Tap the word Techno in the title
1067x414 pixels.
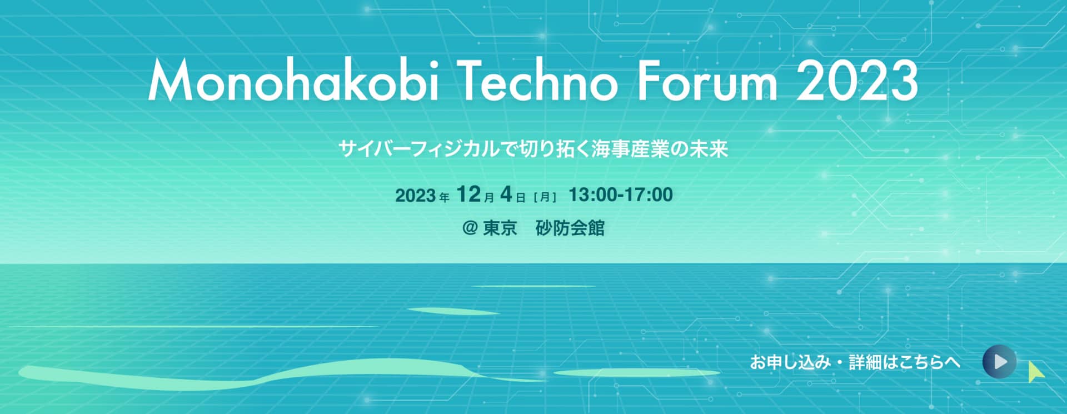[539, 82]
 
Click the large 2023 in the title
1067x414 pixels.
[857, 81]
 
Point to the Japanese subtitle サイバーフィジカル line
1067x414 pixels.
[533, 149]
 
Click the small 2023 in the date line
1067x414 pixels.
[415, 196]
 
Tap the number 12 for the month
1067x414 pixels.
[468, 194]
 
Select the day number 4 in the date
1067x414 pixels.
[506, 194]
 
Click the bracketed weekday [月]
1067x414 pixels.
[545, 197]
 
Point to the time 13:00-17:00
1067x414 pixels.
[621, 194]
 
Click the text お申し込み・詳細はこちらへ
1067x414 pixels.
[855, 362]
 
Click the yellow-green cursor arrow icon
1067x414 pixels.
[1035, 372]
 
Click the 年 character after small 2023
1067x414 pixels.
[444, 197]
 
